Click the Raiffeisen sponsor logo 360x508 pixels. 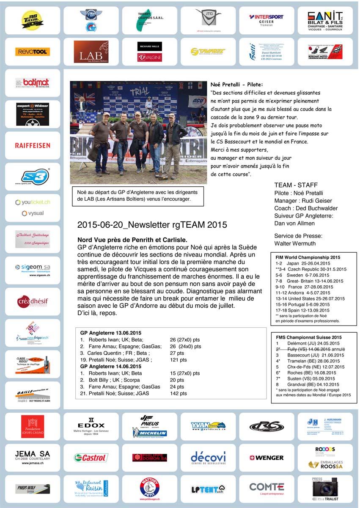(33, 145)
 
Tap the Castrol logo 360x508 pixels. (91, 458)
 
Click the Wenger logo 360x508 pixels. (267, 458)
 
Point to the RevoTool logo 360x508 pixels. (33, 52)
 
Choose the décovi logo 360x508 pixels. (208, 458)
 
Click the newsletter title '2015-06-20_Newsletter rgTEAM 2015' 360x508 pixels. (152, 225)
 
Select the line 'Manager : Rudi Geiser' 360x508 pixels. (303, 201)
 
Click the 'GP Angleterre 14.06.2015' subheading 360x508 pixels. (111, 367)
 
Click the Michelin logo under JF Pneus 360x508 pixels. (150, 433)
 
